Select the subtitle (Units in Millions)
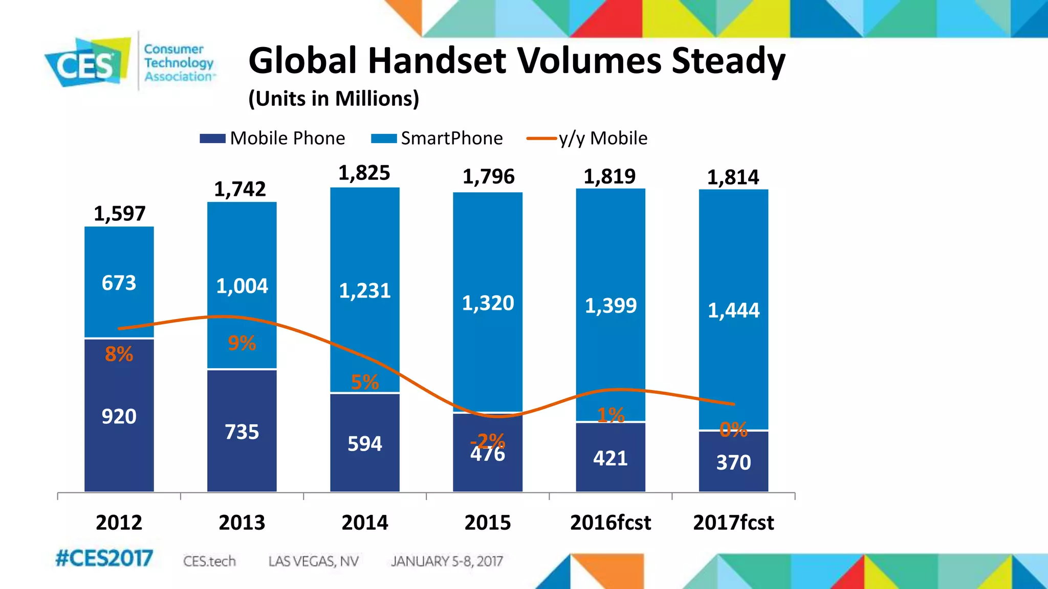pyautogui.click(x=334, y=98)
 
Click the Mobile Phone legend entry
pyautogui.click(x=273, y=138)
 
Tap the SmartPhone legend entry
pyautogui.click(x=438, y=138)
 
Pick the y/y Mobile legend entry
pyautogui.click(x=587, y=138)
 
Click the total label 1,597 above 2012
pyautogui.click(x=119, y=214)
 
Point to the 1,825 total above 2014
pyautogui.click(x=364, y=173)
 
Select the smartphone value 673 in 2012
pyautogui.click(x=119, y=283)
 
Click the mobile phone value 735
pyautogui.click(x=242, y=432)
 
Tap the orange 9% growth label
pyautogui.click(x=242, y=343)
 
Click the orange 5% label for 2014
pyautogui.click(x=364, y=382)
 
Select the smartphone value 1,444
pyautogui.click(x=733, y=310)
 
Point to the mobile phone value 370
pyautogui.click(x=733, y=463)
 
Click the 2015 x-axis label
pyautogui.click(x=487, y=523)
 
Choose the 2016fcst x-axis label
pyautogui.click(x=610, y=523)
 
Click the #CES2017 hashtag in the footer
pyautogui.click(x=104, y=558)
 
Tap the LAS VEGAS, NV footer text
pyautogui.click(x=313, y=561)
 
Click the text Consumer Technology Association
pyautogui.click(x=178, y=62)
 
